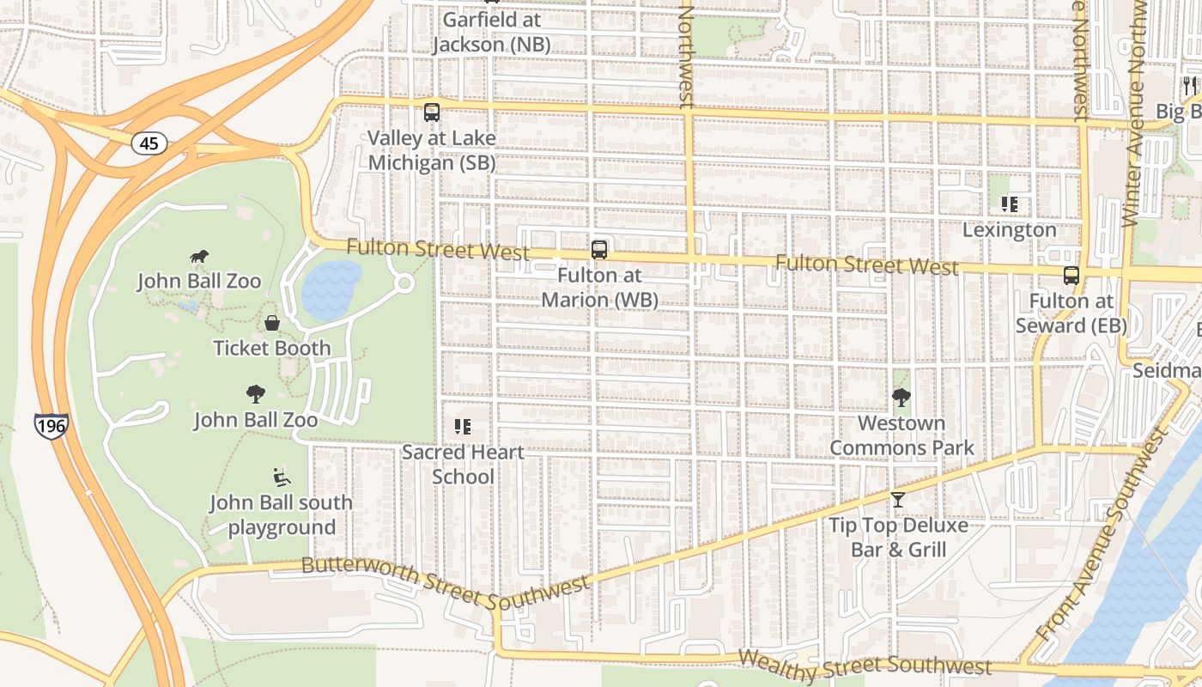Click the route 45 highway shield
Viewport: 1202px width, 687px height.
[149, 143]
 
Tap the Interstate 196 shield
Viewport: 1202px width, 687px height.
[51, 425]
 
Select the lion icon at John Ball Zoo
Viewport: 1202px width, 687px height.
[199, 256]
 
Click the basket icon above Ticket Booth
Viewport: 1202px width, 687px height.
[272, 323]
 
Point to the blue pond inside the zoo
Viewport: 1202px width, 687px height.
[331, 289]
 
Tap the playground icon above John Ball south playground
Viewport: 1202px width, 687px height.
[282, 477]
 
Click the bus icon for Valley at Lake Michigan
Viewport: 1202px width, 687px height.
[432, 112]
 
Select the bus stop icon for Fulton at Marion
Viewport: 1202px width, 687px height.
[599, 250]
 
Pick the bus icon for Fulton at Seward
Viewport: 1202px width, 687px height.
[1071, 276]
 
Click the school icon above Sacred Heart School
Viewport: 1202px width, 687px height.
[463, 427]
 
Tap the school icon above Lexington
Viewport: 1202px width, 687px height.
[1010, 204]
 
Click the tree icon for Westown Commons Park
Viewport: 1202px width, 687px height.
[901, 398]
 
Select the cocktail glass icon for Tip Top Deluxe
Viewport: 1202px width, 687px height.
[898, 500]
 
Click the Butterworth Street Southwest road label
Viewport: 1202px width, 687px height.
[446, 581]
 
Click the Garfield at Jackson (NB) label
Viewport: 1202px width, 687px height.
[491, 32]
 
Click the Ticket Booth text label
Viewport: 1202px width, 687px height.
[272, 348]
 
